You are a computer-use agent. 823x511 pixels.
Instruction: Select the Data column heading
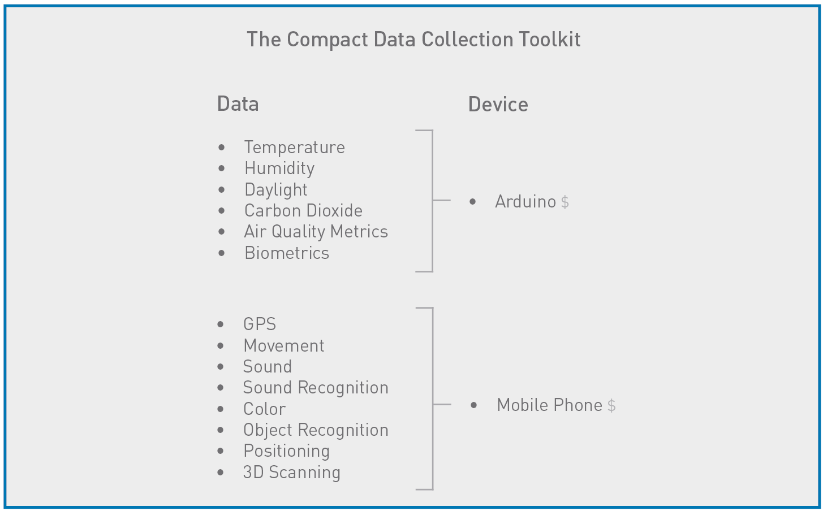pyautogui.click(x=238, y=105)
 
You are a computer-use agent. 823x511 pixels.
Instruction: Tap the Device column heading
pyautogui.click(x=498, y=105)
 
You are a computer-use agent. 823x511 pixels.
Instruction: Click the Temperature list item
pyautogui.click(x=294, y=148)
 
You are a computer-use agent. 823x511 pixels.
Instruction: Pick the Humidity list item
pyautogui.click(x=279, y=168)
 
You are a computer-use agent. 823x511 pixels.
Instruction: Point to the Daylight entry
pyautogui.click(x=276, y=190)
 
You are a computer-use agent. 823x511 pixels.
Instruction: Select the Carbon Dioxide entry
pyautogui.click(x=303, y=211)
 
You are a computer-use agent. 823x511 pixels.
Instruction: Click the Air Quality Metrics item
pyautogui.click(x=316, y=232)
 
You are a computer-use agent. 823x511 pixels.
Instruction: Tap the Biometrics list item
pyautogui.click(x=287, y=253)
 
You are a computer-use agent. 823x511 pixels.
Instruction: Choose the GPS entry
pyautogui.click(x=260, y=324)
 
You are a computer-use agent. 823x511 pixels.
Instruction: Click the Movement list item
pyautogui.click(x=284, y=346)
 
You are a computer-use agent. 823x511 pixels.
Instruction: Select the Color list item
pyautogui.click(x=264, y=409)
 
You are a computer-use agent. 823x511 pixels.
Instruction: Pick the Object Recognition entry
pyautogui.click(x=316, y=430)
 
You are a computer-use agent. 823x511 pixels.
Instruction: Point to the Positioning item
pyautogui.click(x=286, y=451)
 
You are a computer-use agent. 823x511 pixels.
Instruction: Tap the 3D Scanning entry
pyautogui.click(x=292, y=473)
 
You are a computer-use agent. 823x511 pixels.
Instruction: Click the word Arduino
pyautogui.click(x=525, y=202)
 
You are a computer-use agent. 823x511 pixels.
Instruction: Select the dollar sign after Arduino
pyautogui.click(x=565, y=202)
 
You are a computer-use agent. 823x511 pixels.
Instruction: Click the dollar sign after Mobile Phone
pyautogui.click(x=611, y=406)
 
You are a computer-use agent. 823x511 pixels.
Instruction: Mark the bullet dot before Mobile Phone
pyautogui.click(x=473, y=405)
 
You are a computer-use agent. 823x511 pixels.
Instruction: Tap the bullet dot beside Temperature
pyautogui.click(x=221, y=148)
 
